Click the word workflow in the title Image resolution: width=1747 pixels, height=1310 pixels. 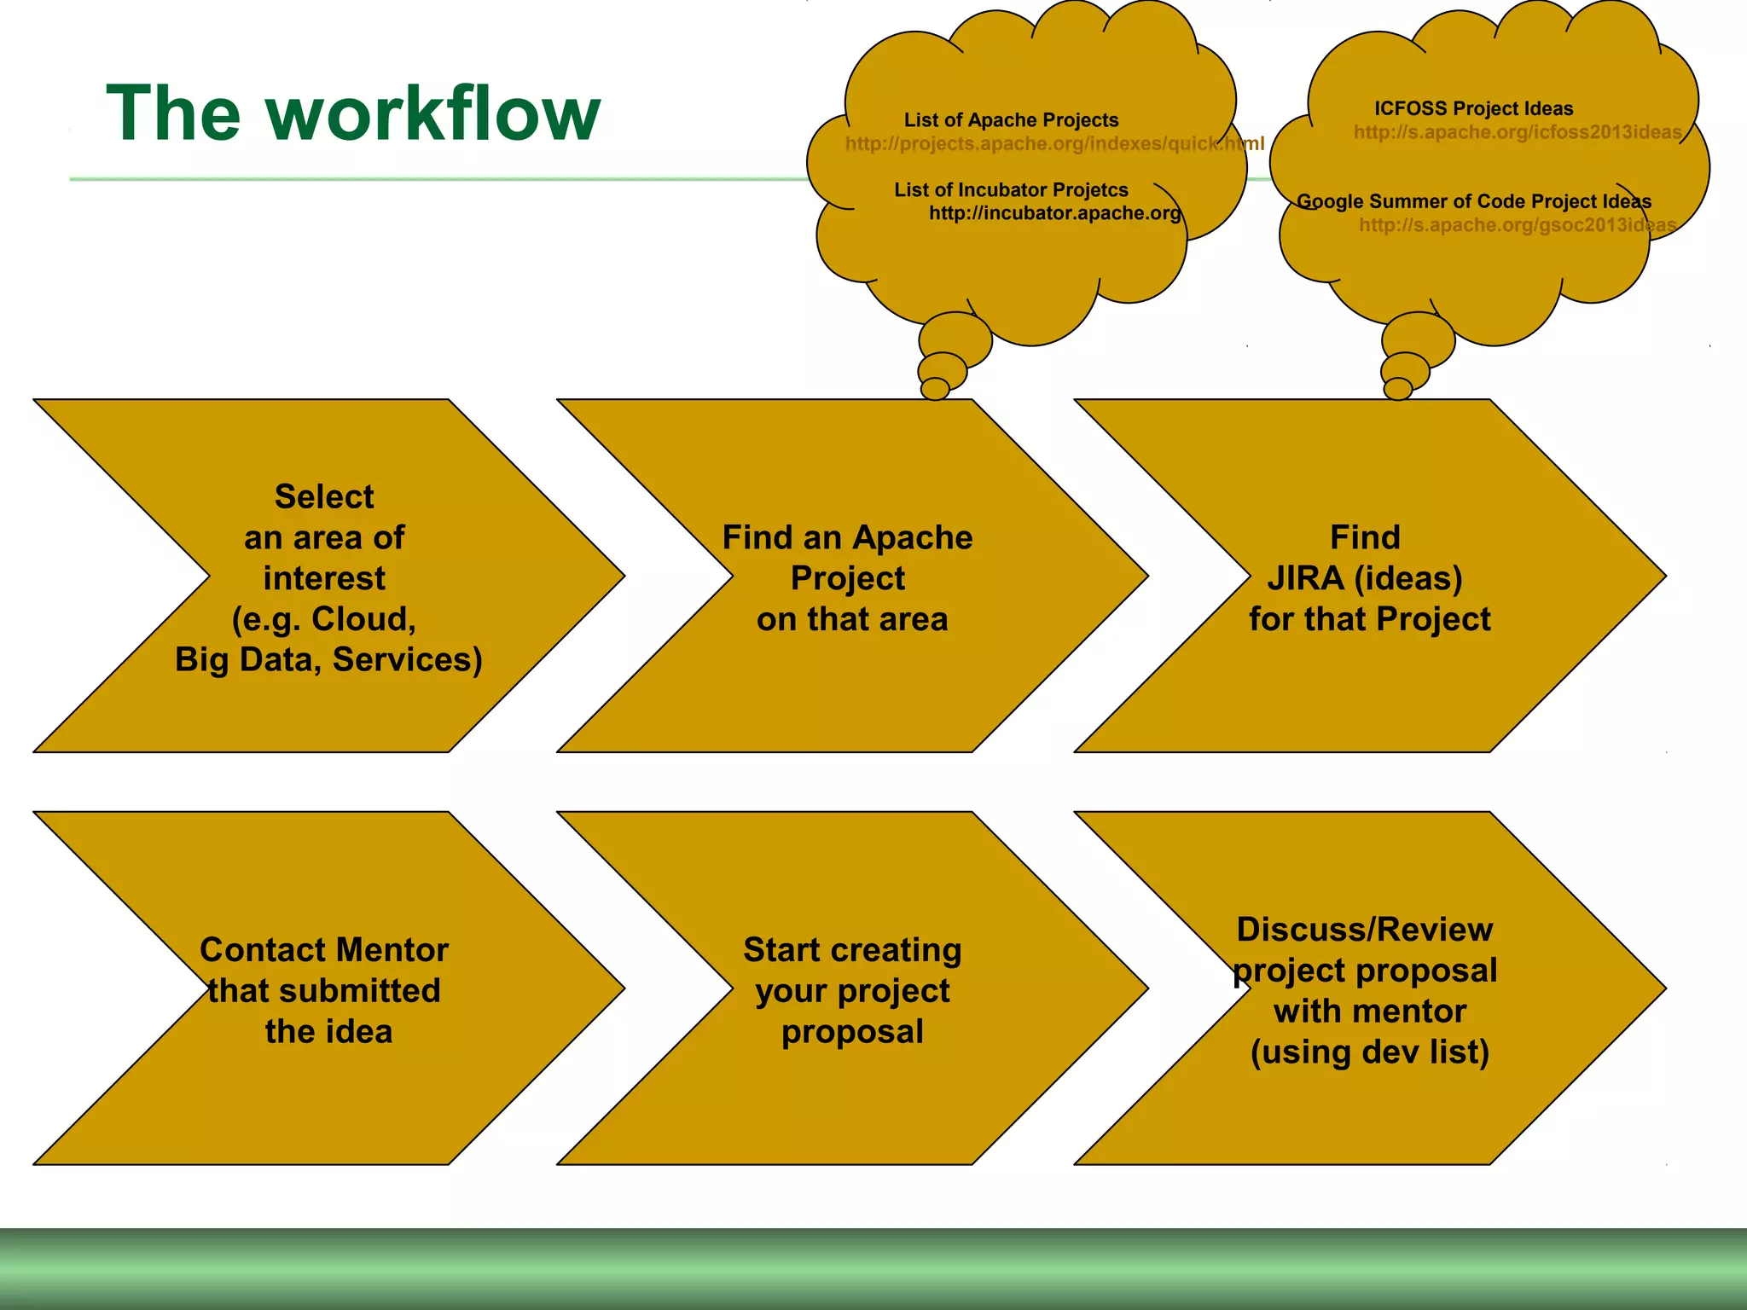click(433, 114)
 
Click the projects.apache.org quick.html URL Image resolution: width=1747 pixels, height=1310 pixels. click(1054, 143)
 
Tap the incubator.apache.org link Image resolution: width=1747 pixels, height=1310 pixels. click(1054, 213)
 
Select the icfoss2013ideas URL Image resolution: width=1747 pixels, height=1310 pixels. click(1517, 132)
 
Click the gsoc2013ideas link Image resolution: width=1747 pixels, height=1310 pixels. click(1517, 225)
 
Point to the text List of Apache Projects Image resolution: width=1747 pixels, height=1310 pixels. click(1011, 120)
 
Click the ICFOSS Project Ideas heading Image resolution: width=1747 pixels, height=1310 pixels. click(1473, 108)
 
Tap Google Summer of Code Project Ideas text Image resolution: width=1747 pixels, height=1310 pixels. click(1473, 201)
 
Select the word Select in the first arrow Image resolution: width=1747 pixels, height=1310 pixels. click(324, 496)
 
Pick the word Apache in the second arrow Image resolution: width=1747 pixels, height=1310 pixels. click(912, 538)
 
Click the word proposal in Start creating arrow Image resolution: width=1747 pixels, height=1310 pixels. click(852, 1032)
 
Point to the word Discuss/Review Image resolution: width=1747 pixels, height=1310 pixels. click(1364, 930)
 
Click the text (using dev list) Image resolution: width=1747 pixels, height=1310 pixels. click(1369, 1052)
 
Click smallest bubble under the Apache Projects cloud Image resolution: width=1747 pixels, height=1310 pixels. click(935, 389)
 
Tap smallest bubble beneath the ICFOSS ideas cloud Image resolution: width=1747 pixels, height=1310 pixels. click(1397, 389)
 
